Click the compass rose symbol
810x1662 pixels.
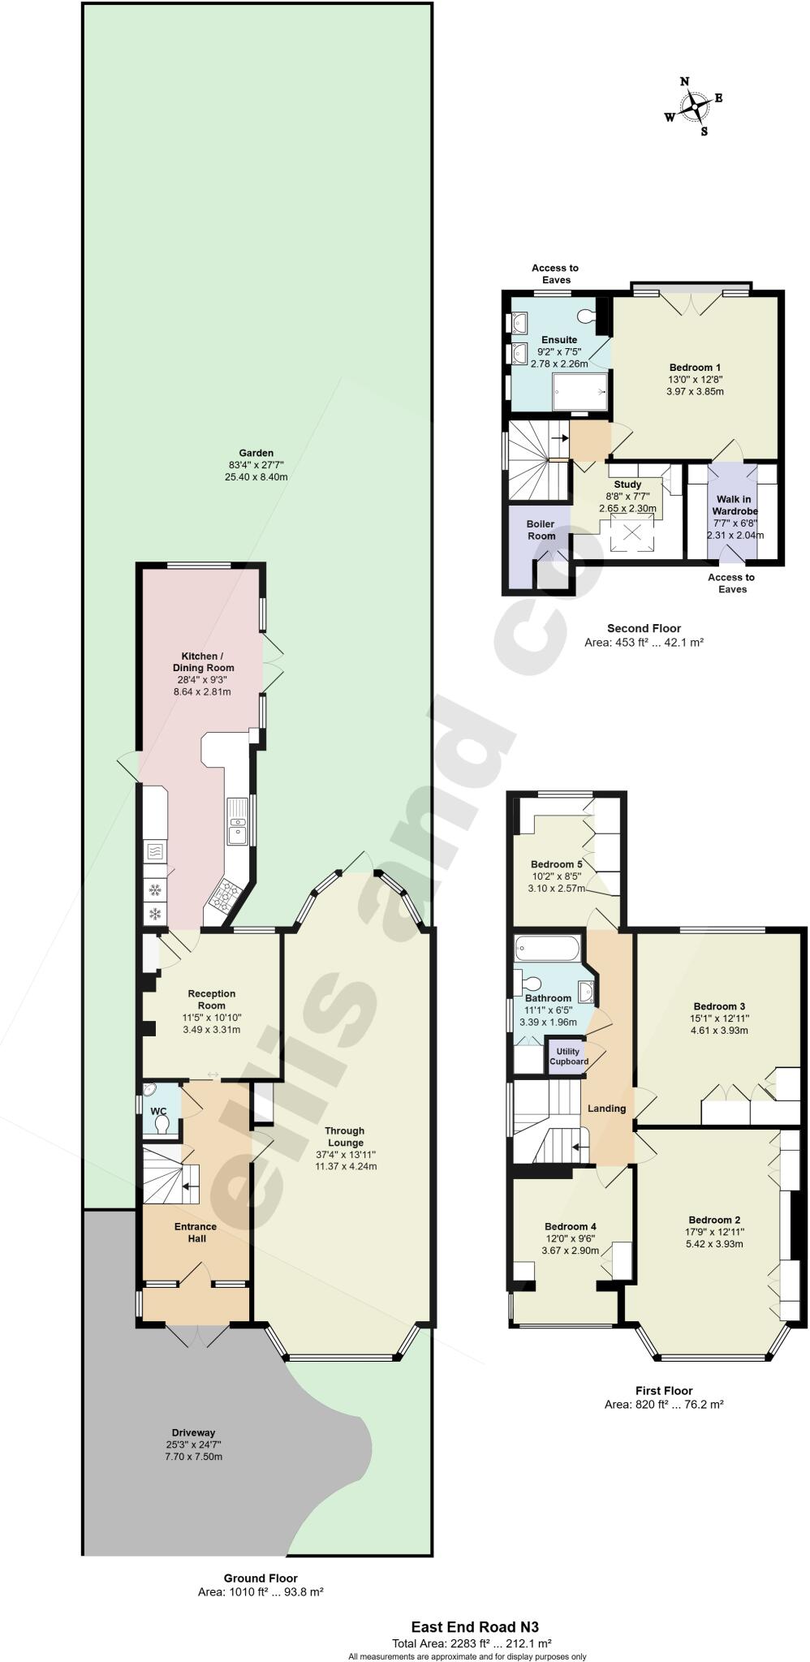coord(694,105)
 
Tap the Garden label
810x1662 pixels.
coord(256,453)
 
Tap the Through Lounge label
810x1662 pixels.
coord(345,1136)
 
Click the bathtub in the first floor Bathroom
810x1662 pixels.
coord(548,947)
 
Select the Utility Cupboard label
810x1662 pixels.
coord(568,1056)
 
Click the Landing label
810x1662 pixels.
coord(606,1109)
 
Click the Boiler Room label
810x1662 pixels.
coord(541,530)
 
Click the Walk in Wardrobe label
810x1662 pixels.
coord(735,506)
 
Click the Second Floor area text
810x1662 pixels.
coord(643,642)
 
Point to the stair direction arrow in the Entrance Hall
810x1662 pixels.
coord(190,1186)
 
